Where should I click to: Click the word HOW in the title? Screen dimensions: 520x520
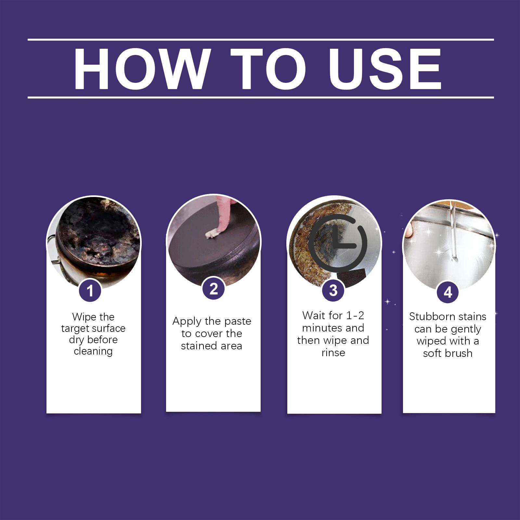pyautogui.click(x=140, y=69)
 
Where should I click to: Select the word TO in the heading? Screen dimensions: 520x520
pyautogui.click(x=268, y=69)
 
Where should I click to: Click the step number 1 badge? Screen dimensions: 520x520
pyautogui.click(x=90, y=290)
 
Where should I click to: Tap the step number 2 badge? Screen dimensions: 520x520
pyautogui.click(x=214, y=289)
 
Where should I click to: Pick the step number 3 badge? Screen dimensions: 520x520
pyautogui.click(x=333, y=290)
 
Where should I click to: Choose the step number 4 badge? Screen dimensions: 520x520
pyautogui.click(x=448, y=292)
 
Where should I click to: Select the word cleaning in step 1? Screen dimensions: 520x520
pyautogui.click(x=93, y=351)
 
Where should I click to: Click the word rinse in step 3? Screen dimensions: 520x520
pyautogui.click(x=333, y=353)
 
